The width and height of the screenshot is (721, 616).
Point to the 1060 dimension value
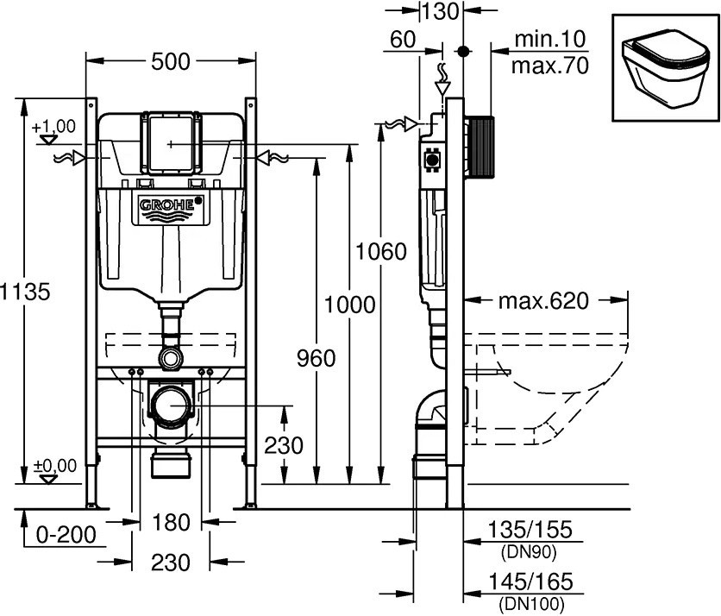(x=380, y=252)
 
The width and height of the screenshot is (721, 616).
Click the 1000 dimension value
(x=349, y=304)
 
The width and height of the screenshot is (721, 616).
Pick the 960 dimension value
(x=317, y=356)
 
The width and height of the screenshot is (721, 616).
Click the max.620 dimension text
(x=543, y=301)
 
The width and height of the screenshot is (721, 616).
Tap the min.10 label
(x=549, y=39)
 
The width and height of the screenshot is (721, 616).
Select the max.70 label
(x=549, y=65)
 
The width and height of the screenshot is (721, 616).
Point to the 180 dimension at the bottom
(x=170, y=521)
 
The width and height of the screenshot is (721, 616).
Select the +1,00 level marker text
(x=53, y=126)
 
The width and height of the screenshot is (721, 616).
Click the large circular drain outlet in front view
(x=172, y=404)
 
